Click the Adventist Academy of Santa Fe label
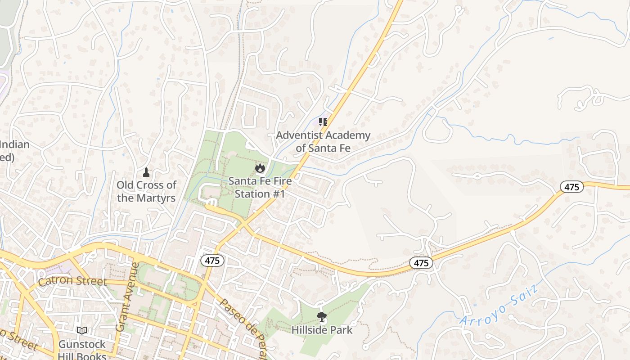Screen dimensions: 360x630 pyautogui.click(x=323, y=141)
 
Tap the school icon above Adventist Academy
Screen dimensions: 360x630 pyautogui.click(x=323, y=122)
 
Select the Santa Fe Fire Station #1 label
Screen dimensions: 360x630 pyautogui.click(x=260, y=187)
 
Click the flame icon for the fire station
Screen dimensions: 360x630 pyautogui.click(x=260, y=168)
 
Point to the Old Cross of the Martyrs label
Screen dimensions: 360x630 pyautogui.click(x=146, y=191)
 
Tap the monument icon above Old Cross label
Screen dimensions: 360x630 pyautogui.click(x=146, y=172)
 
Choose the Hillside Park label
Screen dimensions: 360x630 pyautogui.click(x=322, y=330)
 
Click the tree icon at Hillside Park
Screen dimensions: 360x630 pyautogui.click(x=322, y=317)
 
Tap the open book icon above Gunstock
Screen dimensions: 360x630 pyautogui.click(x=81, y=331)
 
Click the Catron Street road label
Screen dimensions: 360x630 pyautogui.click(x=72, y=282)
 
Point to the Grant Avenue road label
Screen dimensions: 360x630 pyautogui.click(x=127, y=297)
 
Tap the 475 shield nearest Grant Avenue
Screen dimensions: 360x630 pyautogui.click(x=212, y=260)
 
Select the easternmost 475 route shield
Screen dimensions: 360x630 pyautogui.click(x=571, y=187)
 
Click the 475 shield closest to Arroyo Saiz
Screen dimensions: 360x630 pyautogui.click(x=421, y=263)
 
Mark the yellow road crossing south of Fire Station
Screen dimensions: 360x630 pyautogui.click(x=243, y=224)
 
